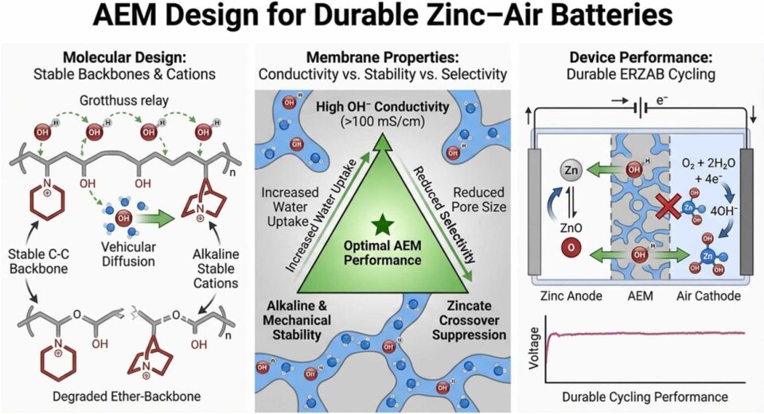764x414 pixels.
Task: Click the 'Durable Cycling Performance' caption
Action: point(645,396)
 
